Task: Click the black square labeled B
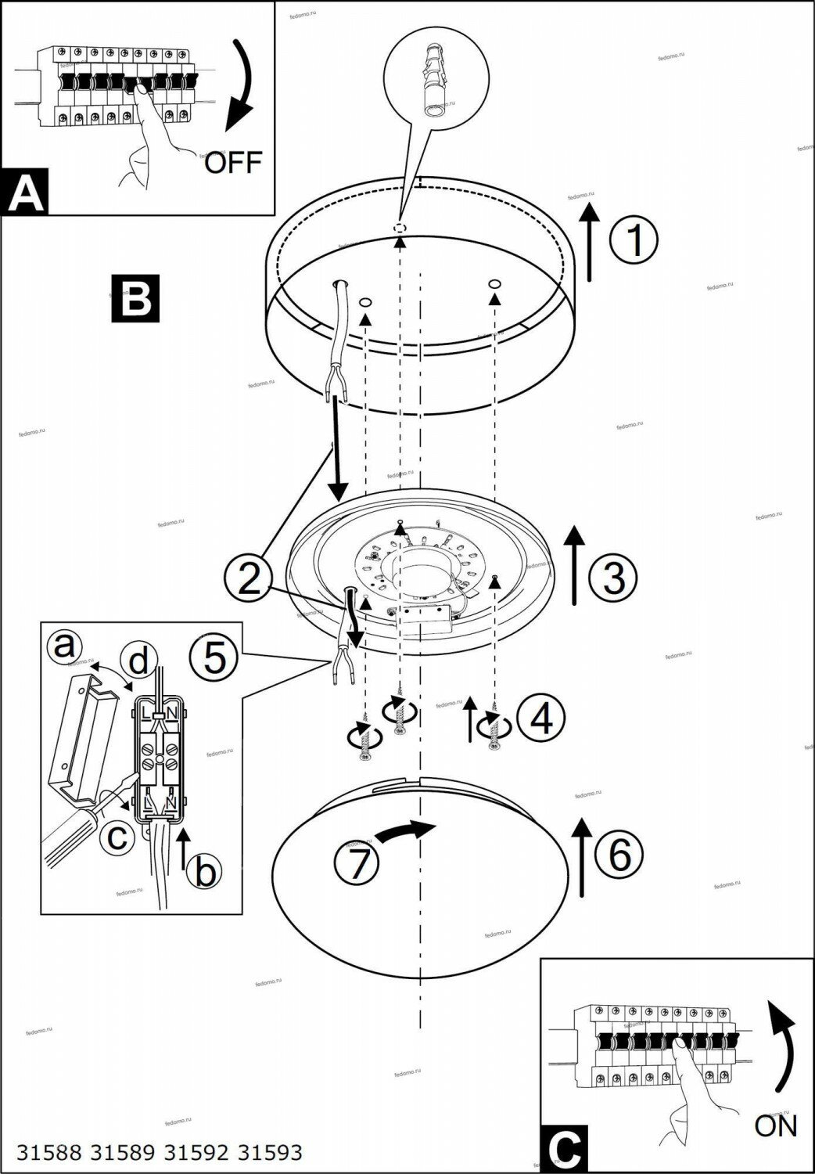point(135,298)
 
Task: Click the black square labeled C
point(561,1150)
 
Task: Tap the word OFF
point(233,164)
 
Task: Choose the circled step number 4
point(540,717)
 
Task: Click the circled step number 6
point(619,855)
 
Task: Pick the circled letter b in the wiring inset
point(205,870)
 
